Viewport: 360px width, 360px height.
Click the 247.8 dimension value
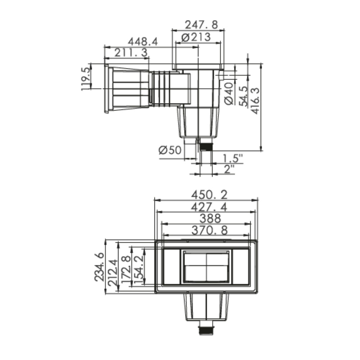click(201, 24)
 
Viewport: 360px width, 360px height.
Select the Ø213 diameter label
click(196, 37)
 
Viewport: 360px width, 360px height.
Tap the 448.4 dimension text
click(143, 42)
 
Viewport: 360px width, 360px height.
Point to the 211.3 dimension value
click(131, 53)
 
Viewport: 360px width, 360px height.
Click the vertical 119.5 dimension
click(85, 79)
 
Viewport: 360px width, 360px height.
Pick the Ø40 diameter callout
click(229, 94)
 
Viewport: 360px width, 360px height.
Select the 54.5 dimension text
click(244, 96)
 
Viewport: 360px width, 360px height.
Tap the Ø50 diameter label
click(170, 150)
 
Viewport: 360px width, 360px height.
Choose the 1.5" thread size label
click(233, 158)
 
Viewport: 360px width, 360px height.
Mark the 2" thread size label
click(229, 169)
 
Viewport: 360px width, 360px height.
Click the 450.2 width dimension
click(210, 195)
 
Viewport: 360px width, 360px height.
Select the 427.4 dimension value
click(210, 207)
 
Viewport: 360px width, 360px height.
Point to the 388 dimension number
click(210, 219)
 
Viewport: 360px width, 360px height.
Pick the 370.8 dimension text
click(210, 230)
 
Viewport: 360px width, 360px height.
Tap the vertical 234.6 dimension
click(99, 267)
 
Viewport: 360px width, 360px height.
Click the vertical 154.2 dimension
click(139, 267)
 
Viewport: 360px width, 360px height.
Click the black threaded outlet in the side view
click(206, 147)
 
